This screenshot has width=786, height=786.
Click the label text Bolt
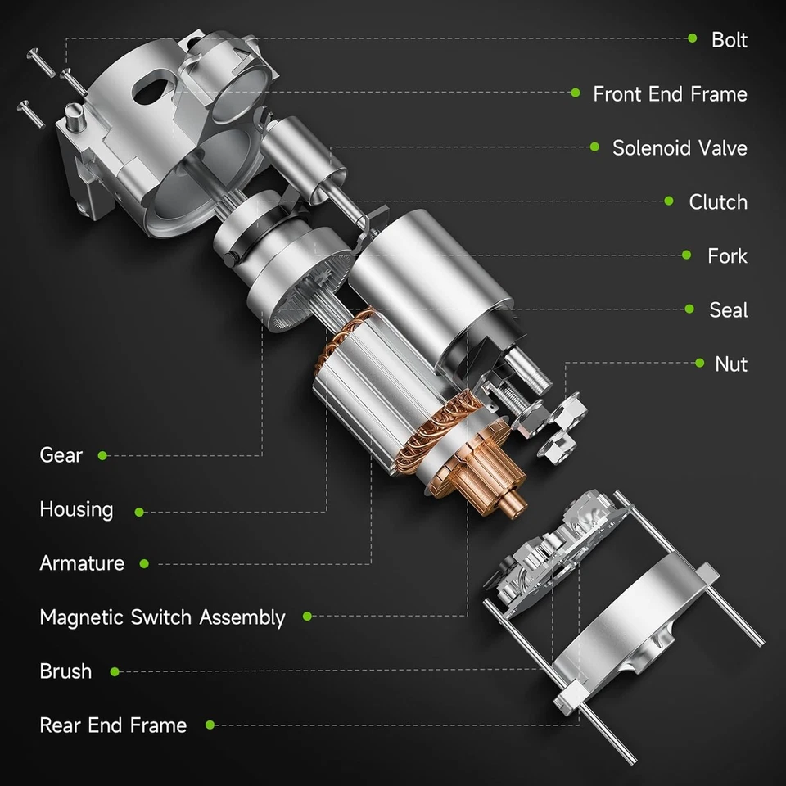729,39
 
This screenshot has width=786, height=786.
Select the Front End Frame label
670,93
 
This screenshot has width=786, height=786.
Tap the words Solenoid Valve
680,147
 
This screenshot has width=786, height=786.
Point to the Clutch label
718,201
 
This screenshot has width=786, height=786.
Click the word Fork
727,255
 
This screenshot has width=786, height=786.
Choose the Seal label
728,309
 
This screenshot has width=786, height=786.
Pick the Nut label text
730,364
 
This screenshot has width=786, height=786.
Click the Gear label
61,454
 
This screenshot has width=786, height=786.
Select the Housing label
76,508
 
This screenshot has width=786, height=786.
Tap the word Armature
82,562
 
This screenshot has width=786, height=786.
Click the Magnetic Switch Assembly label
162,617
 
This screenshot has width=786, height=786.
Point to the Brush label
65,671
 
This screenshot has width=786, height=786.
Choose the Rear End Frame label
113,725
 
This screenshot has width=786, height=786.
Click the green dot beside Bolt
693,38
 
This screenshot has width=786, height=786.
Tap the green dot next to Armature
144,563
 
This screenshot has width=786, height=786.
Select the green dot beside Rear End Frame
210,725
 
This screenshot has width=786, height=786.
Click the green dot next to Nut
698,363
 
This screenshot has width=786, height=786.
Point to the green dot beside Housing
139,512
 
